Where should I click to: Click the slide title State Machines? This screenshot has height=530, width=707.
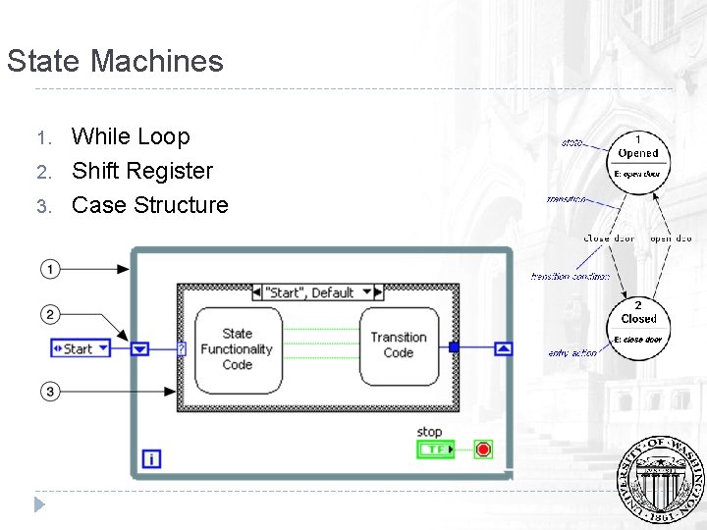coord(115,61)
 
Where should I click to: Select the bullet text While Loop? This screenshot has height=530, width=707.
coord(131,136)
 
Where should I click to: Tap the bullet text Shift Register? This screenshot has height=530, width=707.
coord(141,171)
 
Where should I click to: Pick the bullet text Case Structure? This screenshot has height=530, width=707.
coord(149,205)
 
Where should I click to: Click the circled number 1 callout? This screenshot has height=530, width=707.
coord(50,268)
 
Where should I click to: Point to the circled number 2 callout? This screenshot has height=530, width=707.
coord(50,314)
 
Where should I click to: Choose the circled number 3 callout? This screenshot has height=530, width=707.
coord(50,392)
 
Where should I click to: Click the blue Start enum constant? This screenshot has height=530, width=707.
coord(81,348)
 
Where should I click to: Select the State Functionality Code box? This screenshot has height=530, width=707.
coord(238,349)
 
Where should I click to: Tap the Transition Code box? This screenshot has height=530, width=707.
coord(398,345)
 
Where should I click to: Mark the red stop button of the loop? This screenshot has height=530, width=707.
coord(482,450)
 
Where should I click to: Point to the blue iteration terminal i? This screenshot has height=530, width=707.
coord(151,458)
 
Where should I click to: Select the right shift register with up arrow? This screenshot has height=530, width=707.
coord(503,347)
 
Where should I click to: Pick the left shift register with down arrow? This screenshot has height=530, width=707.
coord(140,348)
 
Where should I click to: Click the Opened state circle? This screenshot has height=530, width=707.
coord(638,158)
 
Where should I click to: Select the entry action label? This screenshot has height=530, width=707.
coord(571,353)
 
